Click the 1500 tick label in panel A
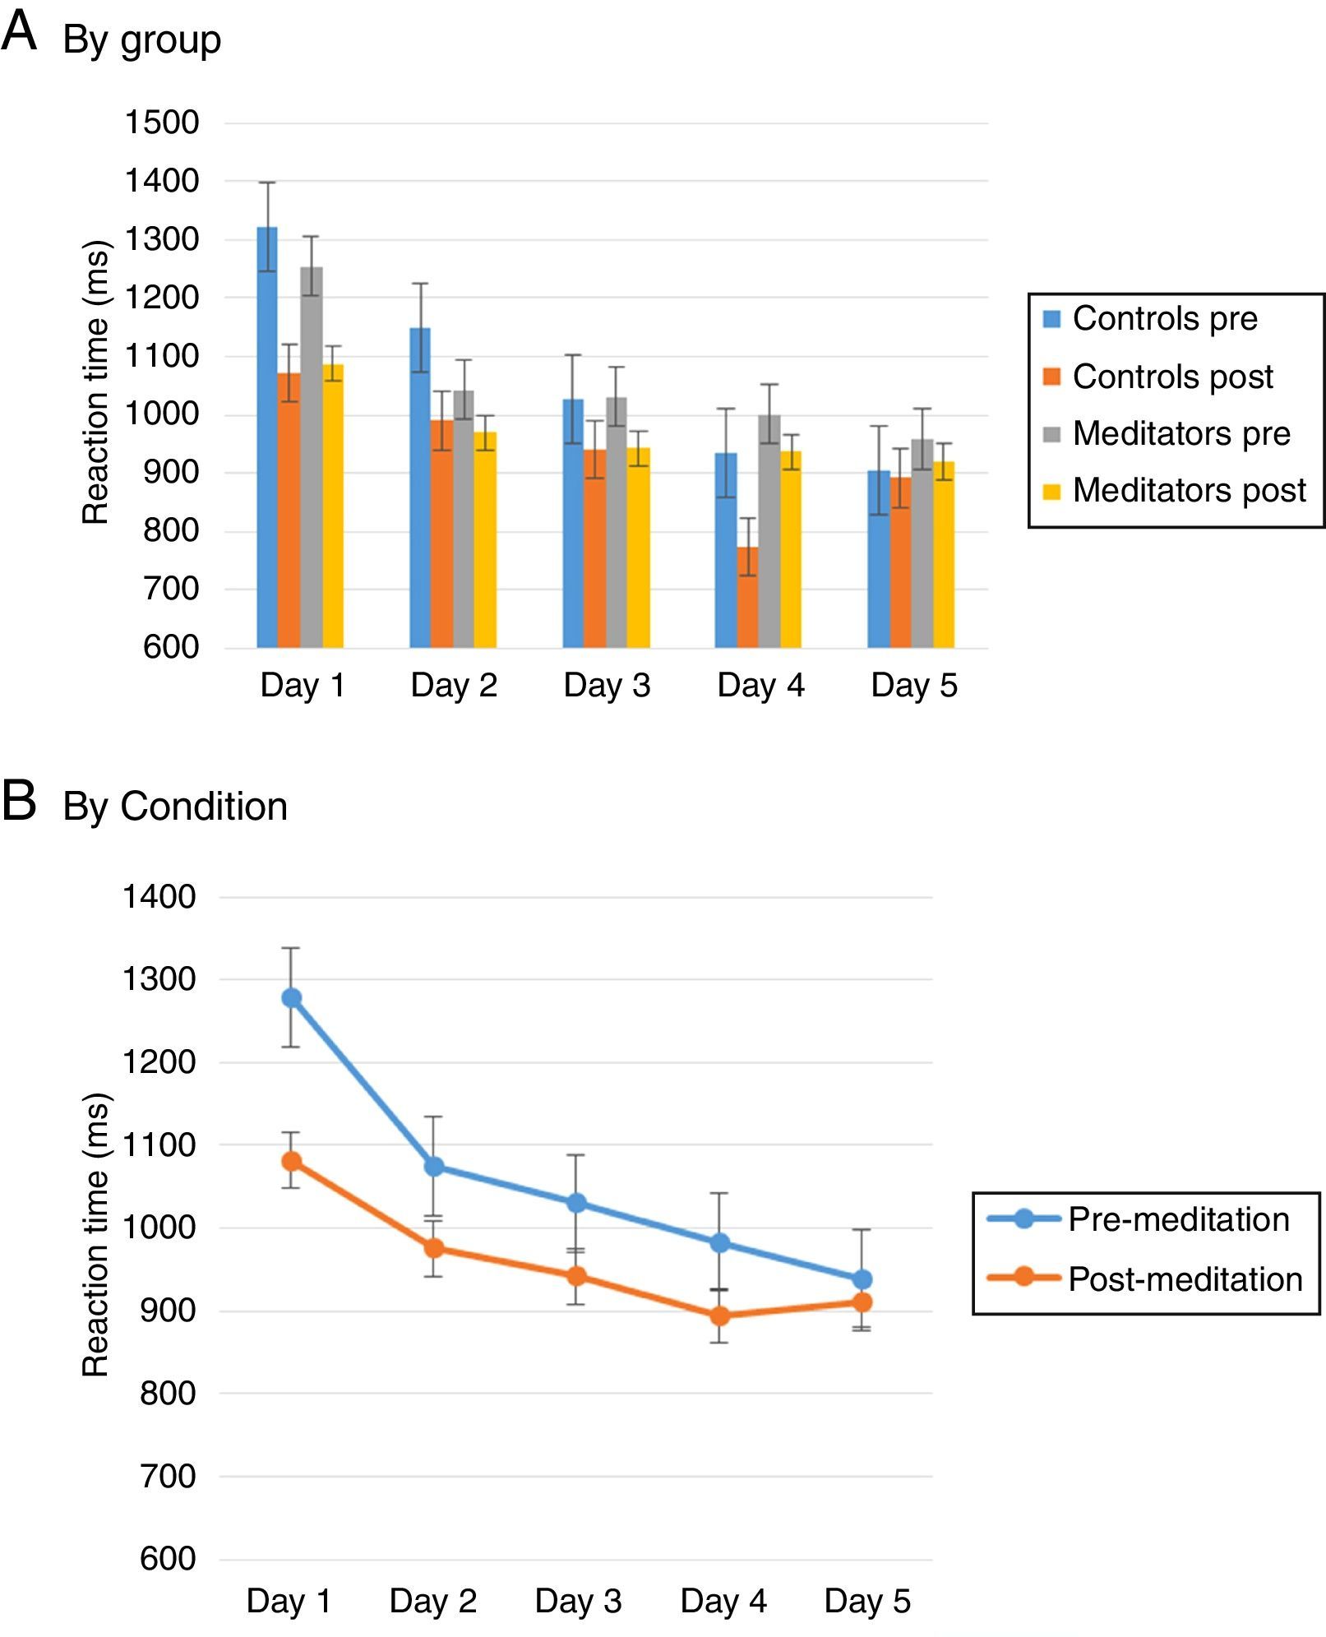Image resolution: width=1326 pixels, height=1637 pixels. click(162, 123)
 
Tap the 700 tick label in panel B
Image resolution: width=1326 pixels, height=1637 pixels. click(168, 1477)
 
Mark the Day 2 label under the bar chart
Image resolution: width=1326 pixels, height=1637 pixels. click(454, 686)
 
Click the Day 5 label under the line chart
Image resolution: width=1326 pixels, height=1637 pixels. click(867, 1601)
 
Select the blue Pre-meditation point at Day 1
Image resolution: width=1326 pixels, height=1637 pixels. click(291, 998)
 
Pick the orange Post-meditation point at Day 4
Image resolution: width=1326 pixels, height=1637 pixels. click(719, 1316)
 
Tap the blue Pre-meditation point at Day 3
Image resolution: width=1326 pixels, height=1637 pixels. click(576, 1203)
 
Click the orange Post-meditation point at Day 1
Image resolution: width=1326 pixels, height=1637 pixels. click(291, 1161)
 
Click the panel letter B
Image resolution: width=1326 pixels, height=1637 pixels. click(20, 801)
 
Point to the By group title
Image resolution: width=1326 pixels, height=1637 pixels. click(141, 39)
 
